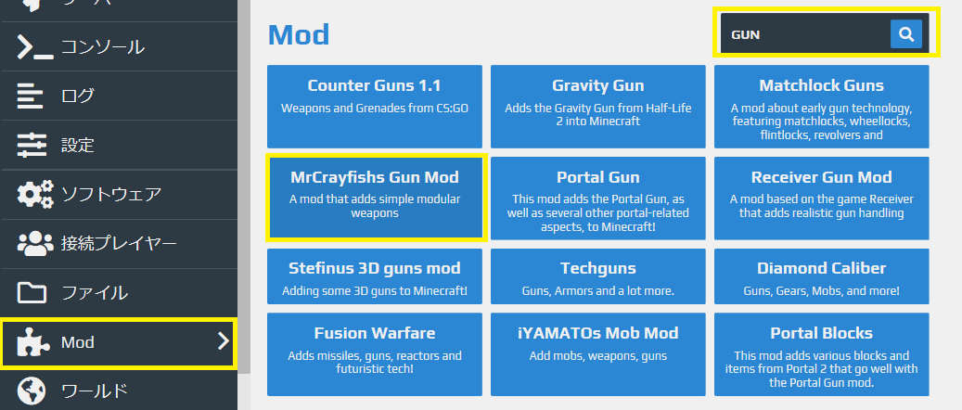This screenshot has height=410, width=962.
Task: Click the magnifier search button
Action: (905, 34)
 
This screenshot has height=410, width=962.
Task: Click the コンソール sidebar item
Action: (102, 46)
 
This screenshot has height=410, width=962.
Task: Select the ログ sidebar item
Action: (77, 96)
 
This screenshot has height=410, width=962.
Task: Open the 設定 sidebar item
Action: (77, 145)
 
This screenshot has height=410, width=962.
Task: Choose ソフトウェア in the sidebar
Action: (111, 194)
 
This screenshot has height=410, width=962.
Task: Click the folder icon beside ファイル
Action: (32, 293)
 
